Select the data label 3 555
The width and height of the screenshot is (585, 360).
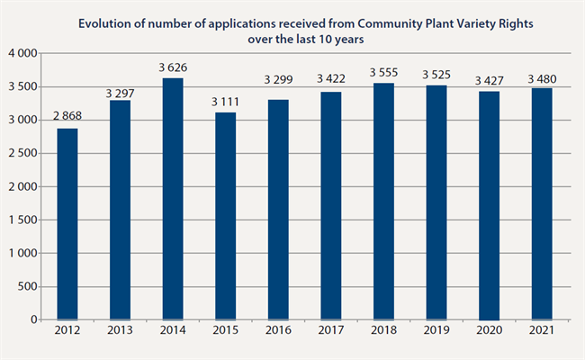tap(384, 72)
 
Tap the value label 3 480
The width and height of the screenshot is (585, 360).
tap(541, 77)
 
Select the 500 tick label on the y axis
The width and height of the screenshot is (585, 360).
tap(27, 287)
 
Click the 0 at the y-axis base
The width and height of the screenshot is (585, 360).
tap(33, 319)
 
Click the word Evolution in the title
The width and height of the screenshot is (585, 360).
tap(104, 22)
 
